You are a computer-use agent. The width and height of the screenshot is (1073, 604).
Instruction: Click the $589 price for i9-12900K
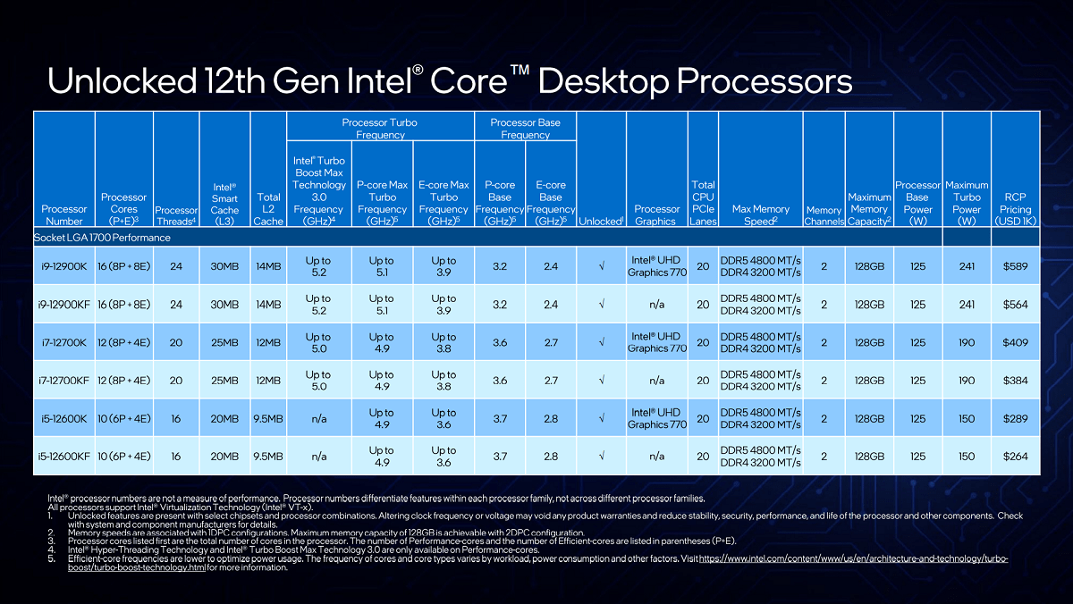point(1015,266)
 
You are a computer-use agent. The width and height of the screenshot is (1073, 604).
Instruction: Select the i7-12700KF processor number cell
point(63,381)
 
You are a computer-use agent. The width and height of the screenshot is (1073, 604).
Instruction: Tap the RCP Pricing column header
point(1015,209)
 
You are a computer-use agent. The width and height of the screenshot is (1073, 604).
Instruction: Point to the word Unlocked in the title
point(123,80)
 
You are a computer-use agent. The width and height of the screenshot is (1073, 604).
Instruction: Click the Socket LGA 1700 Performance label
point(102,238)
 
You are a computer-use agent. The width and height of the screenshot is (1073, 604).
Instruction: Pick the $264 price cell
point(1015,456)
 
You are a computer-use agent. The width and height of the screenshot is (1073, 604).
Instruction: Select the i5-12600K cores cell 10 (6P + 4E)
point(124,418)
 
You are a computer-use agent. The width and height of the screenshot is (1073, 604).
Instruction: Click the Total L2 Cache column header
point(268,209)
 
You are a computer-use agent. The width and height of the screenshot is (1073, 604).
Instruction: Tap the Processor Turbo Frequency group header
point(380,129)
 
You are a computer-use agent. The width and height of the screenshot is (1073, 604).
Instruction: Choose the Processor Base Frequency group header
point(525,129)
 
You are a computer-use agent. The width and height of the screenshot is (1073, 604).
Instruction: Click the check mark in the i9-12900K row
point(602,266)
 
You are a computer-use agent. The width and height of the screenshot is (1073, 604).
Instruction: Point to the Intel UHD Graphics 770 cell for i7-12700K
point(656,342)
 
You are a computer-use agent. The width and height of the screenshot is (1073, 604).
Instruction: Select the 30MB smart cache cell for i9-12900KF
point(224,305)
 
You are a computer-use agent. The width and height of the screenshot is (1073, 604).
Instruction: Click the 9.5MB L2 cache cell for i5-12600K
point(268,418)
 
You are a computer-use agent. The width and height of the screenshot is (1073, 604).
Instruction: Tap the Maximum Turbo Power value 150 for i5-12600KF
point(967,456)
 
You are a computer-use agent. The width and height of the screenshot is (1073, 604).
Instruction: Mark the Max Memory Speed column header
point(761,215)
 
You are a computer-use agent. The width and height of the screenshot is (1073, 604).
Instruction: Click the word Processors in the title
point(765,80)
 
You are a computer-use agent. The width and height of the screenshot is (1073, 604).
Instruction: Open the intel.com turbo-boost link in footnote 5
point(538,563)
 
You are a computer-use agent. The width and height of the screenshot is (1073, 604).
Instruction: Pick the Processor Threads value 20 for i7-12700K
point(176,342)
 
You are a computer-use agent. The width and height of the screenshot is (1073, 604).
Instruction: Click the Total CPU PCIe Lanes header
point(703,203)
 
